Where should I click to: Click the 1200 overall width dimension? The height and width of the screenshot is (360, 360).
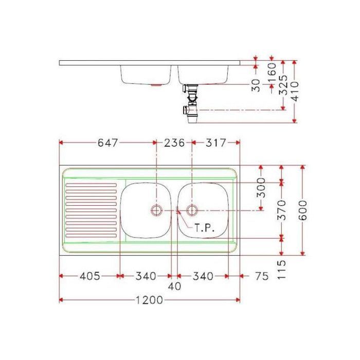[149, 300]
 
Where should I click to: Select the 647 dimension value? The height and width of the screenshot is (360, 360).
[107, 142]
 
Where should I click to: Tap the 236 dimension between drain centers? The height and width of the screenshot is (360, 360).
[174, 142]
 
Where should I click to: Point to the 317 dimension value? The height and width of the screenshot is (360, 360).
[216, 142]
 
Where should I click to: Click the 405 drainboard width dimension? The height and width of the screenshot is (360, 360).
[90, 276]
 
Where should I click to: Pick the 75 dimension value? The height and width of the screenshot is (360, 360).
[262, 276]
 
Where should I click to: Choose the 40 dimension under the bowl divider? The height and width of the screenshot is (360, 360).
[174, 286]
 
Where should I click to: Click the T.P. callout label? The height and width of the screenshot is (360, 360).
[205, 228]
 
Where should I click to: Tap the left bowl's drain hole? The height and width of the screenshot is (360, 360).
[156, 210]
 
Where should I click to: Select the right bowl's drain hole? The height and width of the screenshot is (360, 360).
[192, 210]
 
